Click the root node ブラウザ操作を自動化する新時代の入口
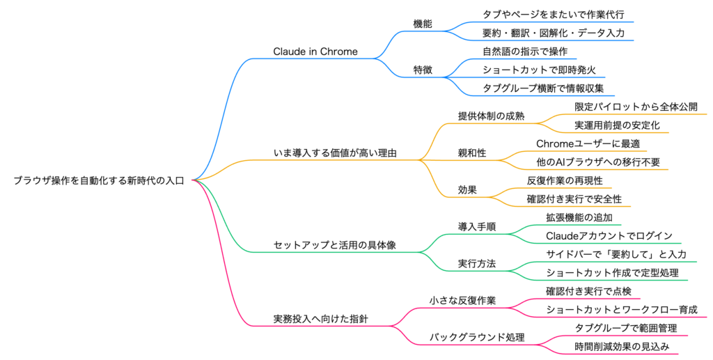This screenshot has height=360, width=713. click(99, 180)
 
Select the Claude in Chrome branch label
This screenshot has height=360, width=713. click(315, 52)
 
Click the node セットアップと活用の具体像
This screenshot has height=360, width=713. click(335, 245)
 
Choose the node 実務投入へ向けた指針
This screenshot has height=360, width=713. click(321, 319)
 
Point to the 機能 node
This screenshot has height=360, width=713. click(423, 24)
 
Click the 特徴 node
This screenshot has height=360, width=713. click(423, 70)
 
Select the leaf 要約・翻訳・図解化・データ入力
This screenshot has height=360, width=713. click(554, 33)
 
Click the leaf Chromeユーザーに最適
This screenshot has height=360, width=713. click(588, 143)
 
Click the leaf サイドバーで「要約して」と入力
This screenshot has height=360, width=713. click(616, 254)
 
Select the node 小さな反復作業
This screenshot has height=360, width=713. click(463, 301)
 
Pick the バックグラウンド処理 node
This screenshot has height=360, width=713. click(477, 337)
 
